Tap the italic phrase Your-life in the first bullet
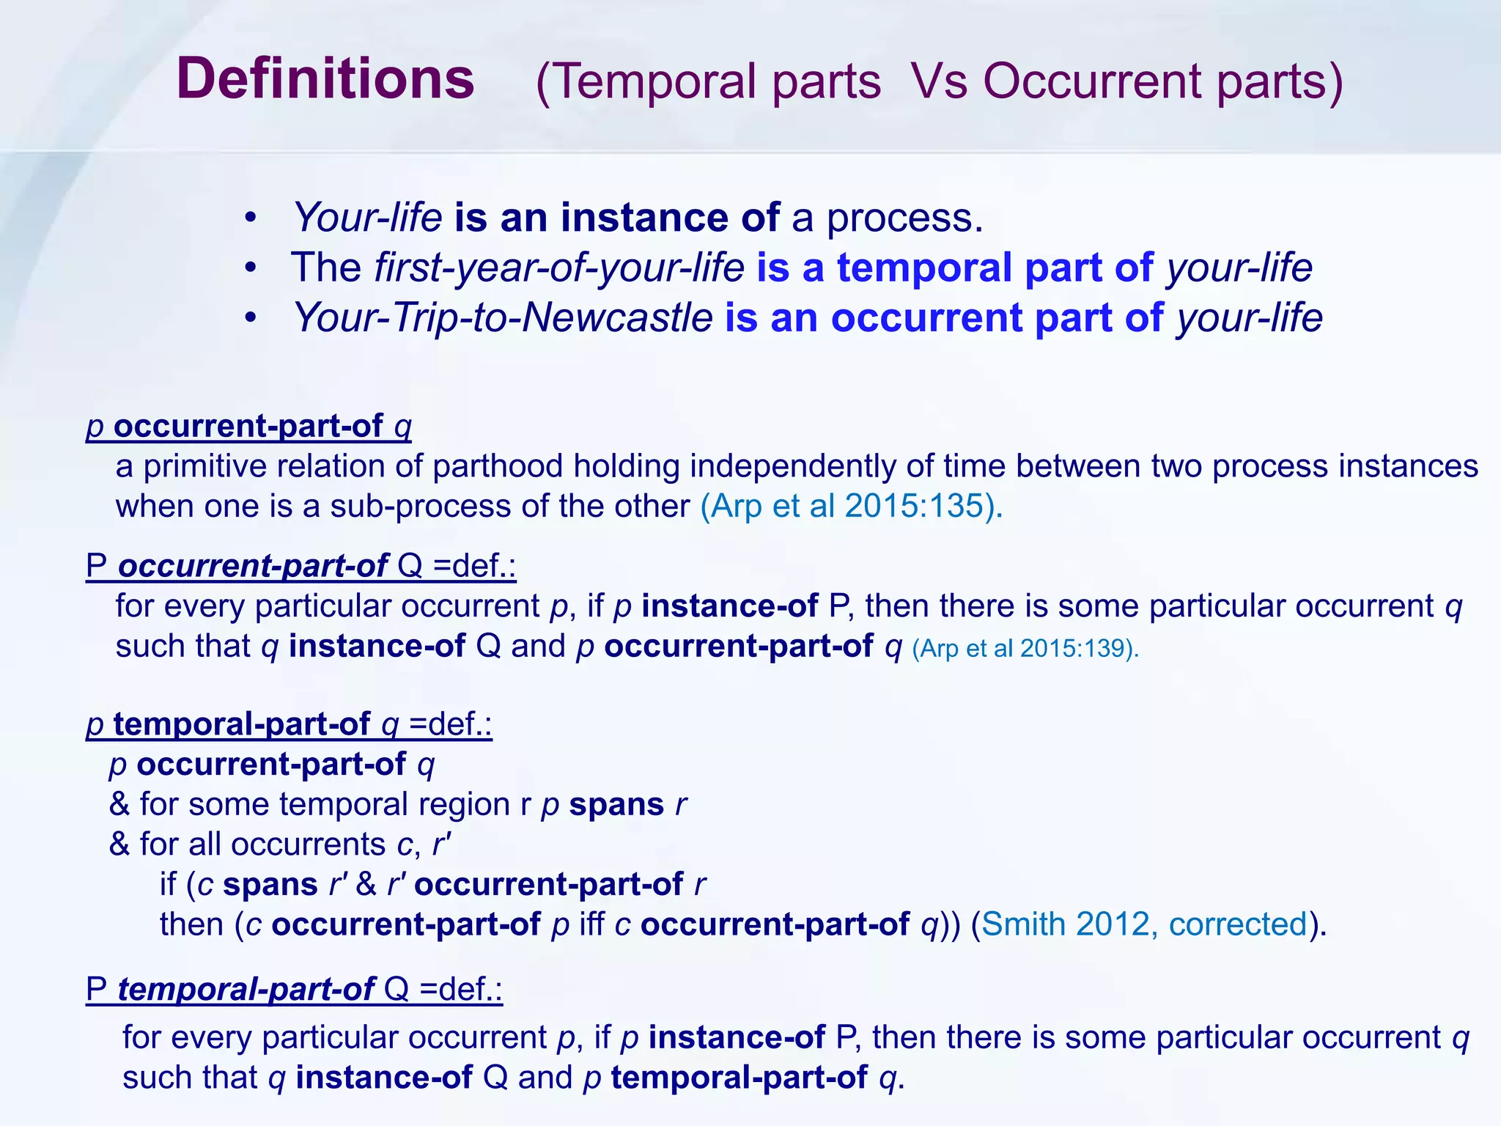[367, 218]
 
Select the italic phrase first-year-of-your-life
[559, 268]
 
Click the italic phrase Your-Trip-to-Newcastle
[503, 317]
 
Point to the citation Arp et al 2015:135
[850, 507]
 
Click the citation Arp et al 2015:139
[1024, 648]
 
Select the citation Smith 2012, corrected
[1144, 924]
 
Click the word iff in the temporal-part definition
[591, 924]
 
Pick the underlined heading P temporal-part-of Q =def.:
[294, 990]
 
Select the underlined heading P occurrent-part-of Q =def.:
[300, 566]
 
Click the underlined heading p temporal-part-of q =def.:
[289, 724]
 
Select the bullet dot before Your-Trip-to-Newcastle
[251, 318]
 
